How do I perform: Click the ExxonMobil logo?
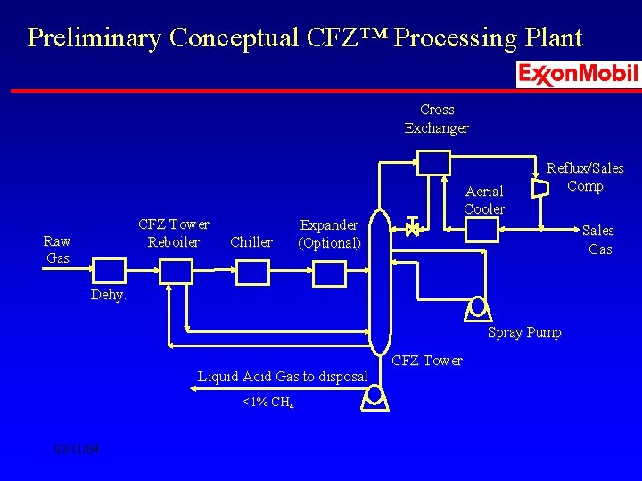pyautogui.click(x=578, y=74)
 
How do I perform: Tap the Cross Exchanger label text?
pyautogui.click(x=437, y=118)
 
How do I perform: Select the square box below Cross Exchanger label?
pyautogui.click(x=436, y=163)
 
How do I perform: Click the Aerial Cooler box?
pyautogui.click(x=482, y=230)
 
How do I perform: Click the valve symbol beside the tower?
pyautogui.click(x=412, y=228)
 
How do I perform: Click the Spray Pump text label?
pyautogui.click(x=524, y=332)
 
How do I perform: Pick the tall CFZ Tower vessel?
pyautogui.click(x=381, y=281)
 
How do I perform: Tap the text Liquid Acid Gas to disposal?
pyautogui.click(x=283, y=377)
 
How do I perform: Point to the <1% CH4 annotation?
pyautogui.click(x=268, y=403)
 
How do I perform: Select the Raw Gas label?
pyautogui.click(x=58, y=249)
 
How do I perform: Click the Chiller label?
pyautogui.click(x=251, y=242)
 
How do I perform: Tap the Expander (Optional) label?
pyautogui.click(x=329, y=234)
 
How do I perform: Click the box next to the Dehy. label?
pyautogui.click(x=110, y=269)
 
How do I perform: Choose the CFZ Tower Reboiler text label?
pyautogui.click(x=174, y=233)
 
